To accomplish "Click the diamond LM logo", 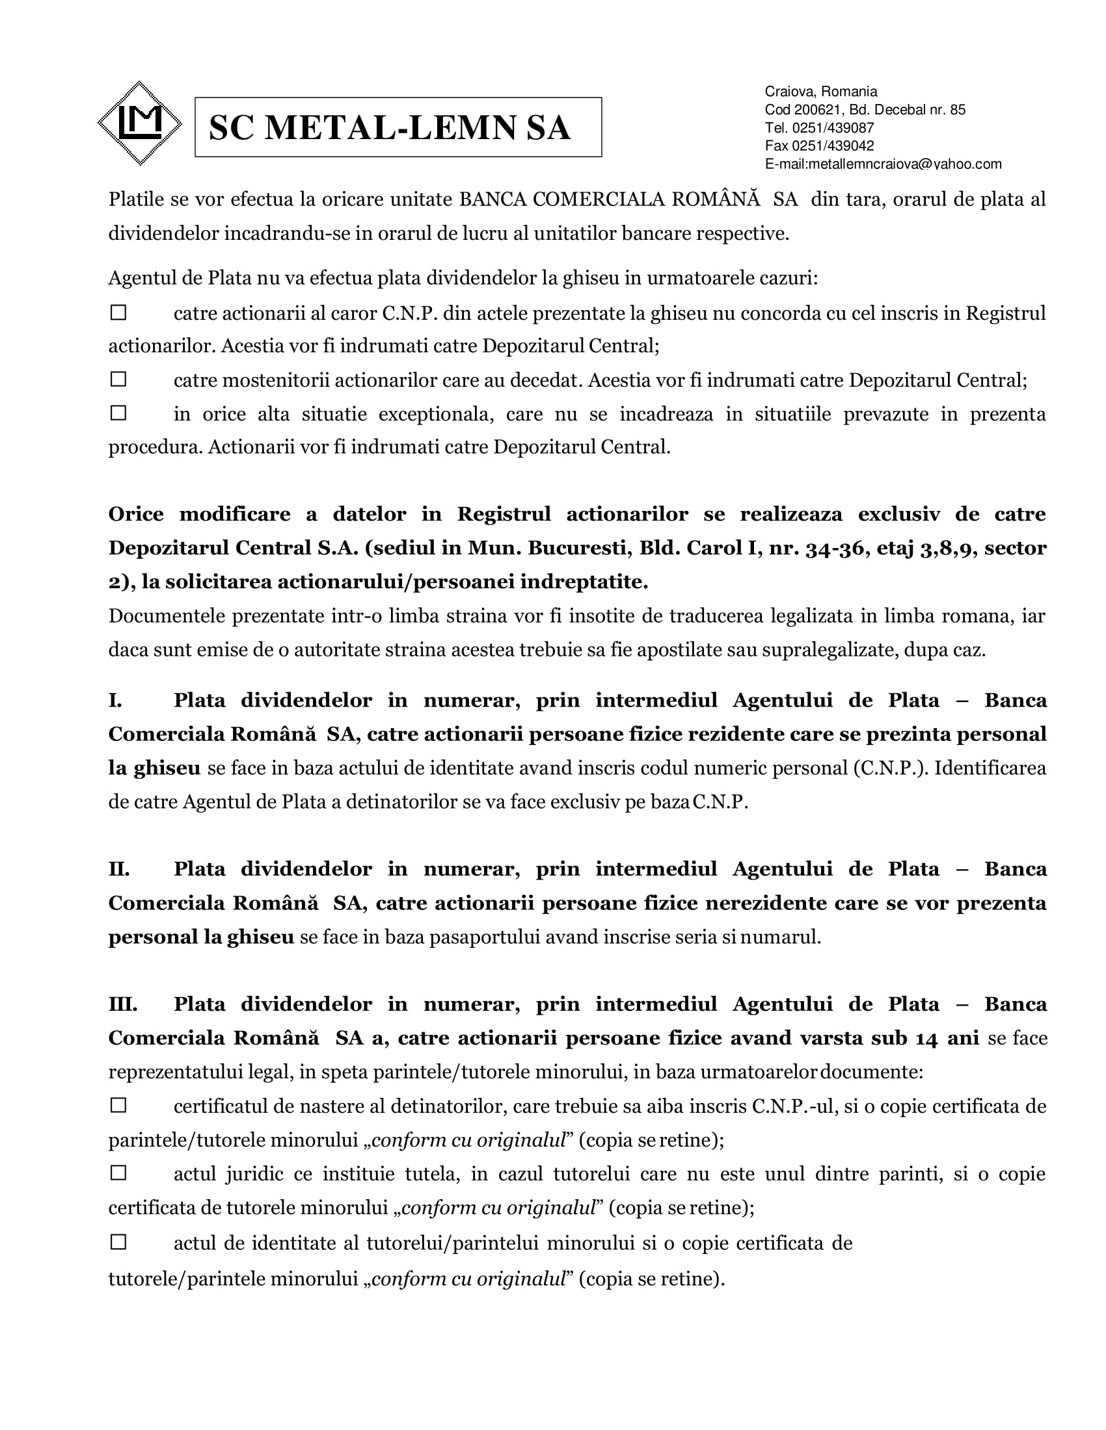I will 140,123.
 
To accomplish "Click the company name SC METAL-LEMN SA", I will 390,127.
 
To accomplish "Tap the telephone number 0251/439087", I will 833,127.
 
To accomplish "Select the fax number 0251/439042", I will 833,146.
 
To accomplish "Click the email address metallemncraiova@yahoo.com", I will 905,164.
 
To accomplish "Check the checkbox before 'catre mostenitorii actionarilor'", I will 118,379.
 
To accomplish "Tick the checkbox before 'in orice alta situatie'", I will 118,413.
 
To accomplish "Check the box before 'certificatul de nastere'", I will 118,1105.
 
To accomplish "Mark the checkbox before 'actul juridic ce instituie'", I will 118,1173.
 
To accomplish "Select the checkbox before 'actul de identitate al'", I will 118,1241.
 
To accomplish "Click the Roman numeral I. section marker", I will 115,701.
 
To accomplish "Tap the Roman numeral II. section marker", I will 119,869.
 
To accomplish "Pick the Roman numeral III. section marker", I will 122,1004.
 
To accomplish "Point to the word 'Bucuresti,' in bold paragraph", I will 579,548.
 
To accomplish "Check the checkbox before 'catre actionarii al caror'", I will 118,313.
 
